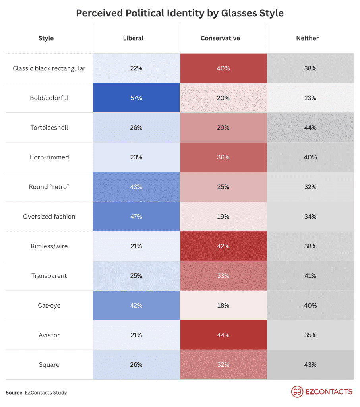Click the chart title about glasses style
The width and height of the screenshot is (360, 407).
pos(180,13)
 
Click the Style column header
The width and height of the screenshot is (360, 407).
pos(46,38)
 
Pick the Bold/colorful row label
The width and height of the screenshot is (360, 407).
pos(49,98)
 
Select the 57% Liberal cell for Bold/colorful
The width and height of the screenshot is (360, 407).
pos(136,98)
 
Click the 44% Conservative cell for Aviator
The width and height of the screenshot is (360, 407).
pos(223,335)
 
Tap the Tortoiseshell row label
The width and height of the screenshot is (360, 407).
pos(49,128)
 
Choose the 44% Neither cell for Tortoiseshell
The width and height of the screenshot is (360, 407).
pos(310,128)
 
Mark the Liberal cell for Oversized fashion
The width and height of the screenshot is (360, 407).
pos(136,217)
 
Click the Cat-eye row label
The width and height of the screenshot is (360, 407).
pos(49,306)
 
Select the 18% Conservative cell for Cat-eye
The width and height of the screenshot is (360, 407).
pos(223,306)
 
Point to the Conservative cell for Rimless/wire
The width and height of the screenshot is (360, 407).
pos(223,246)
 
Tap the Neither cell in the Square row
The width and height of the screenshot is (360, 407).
pos(310,365)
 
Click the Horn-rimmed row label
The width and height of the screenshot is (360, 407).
pos(49,157)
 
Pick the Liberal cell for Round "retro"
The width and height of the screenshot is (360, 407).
pos(136,187)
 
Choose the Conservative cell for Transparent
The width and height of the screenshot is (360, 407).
pos(223,276)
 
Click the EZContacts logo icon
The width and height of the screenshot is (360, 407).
pos(297,392)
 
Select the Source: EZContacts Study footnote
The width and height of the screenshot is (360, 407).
pos(36,393)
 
